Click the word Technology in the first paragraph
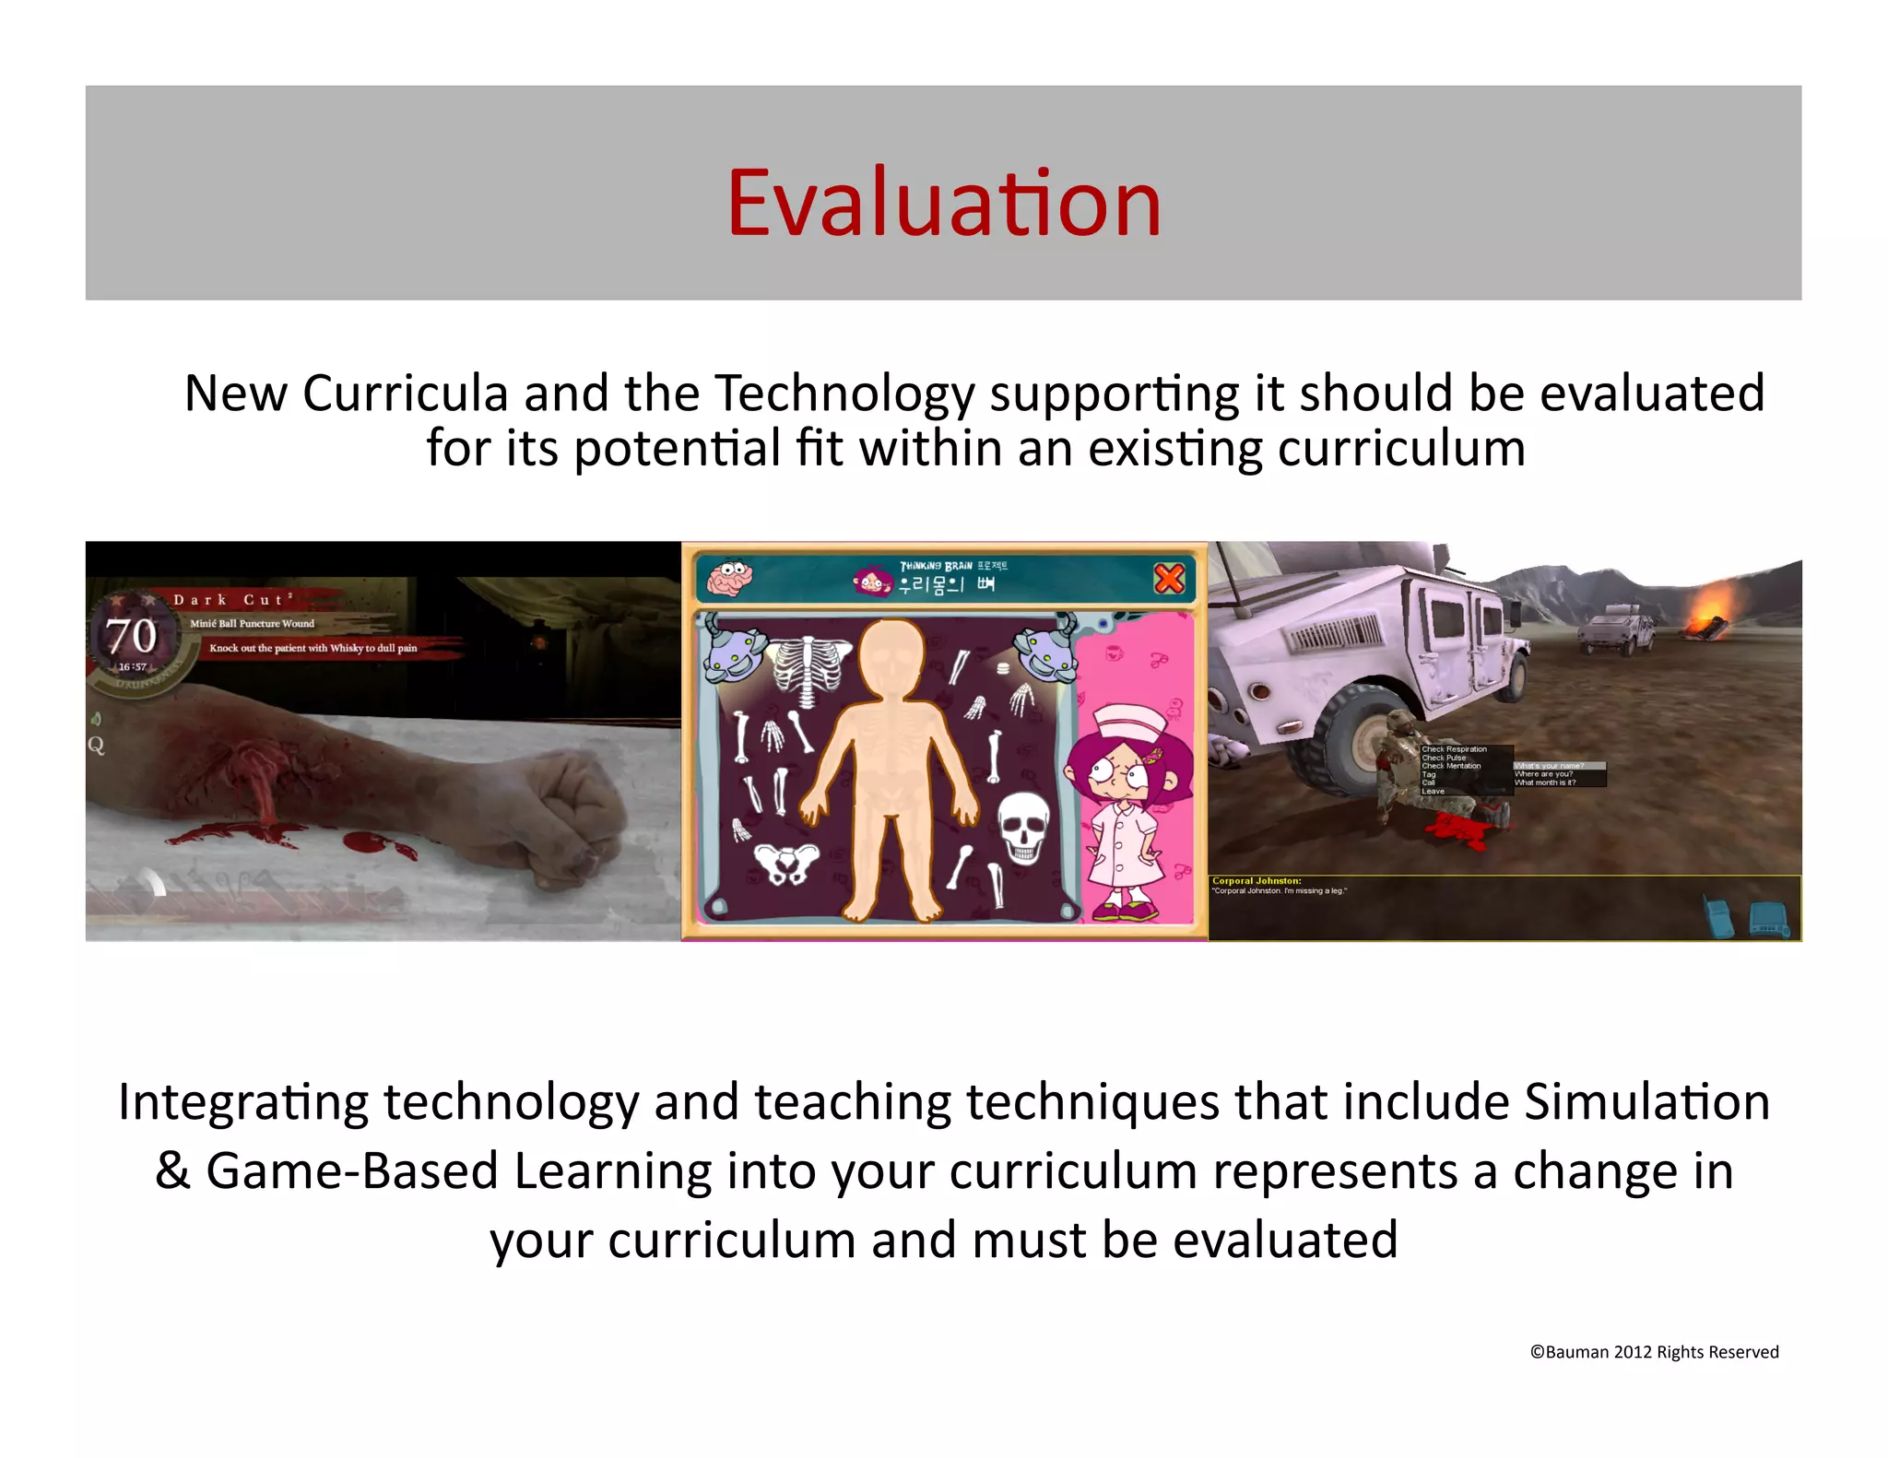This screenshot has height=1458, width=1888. (844, 394)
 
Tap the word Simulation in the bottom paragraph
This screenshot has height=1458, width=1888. (1646, 1102)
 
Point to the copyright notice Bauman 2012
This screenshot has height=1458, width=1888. (1654, 1352)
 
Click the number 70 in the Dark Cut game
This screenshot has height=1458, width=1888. (132, 637)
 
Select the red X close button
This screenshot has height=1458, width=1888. (1169, 579)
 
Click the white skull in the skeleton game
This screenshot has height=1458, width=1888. (1024, 828)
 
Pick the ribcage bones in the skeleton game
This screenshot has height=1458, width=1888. (809, 671)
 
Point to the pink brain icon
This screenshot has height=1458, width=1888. (729, 578)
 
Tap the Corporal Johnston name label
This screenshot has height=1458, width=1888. (1257, 881)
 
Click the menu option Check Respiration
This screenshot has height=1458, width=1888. (1454, 749)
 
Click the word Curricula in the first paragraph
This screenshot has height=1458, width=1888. (406, 394)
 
